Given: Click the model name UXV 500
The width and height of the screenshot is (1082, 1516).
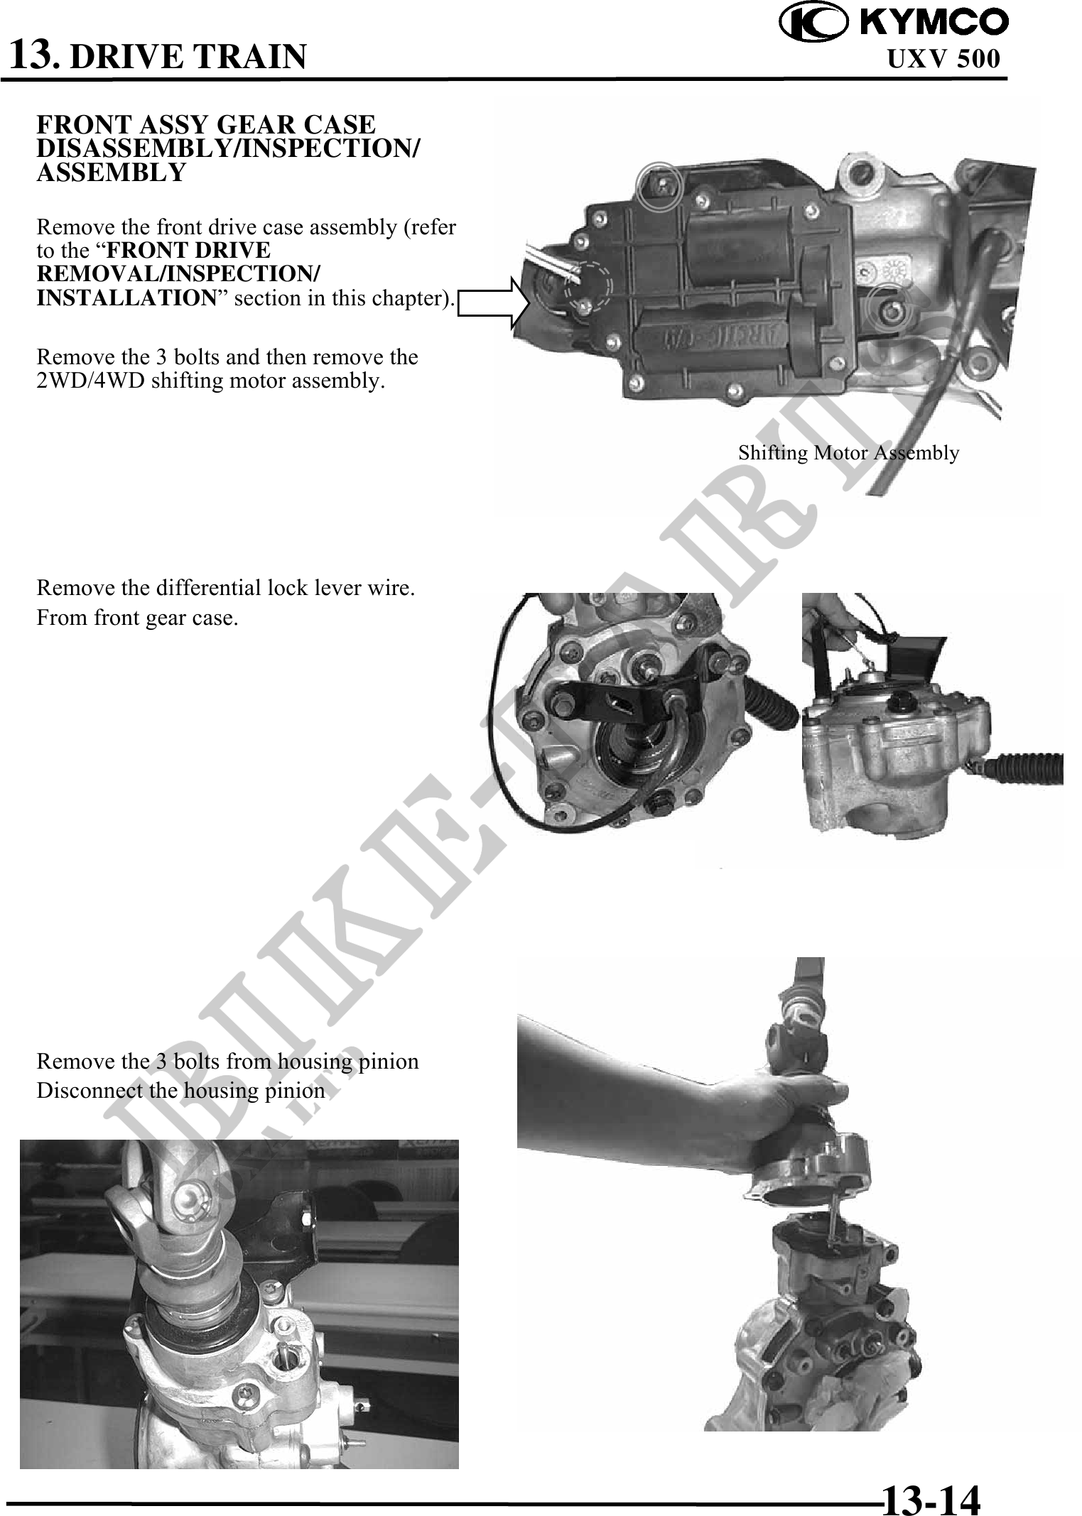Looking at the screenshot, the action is point(943,58).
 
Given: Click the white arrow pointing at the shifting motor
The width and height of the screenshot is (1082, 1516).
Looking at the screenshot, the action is point(494,303).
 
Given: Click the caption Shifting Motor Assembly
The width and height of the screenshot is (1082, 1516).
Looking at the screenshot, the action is point(848,452).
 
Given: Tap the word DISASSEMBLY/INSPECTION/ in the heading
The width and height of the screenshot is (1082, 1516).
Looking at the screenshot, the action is point(228,148).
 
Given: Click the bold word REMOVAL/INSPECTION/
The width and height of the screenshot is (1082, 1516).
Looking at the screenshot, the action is point(178,274).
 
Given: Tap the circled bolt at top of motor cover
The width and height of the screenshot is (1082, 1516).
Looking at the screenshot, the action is point(659,187).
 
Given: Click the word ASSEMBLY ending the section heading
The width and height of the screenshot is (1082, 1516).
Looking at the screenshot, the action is point(111,172).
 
